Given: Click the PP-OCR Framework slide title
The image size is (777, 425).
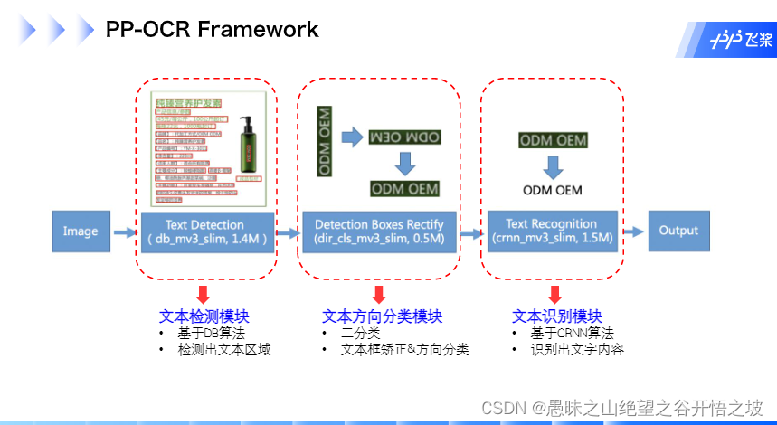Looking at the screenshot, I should point(212,30).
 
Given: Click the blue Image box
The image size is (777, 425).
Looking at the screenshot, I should point(81,231).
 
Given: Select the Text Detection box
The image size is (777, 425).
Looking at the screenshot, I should point(206,231).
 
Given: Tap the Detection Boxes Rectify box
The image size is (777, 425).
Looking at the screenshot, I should point(379,231).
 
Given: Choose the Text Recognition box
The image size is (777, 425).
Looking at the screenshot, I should point(551,231).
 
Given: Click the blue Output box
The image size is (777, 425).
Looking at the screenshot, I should point(678,231).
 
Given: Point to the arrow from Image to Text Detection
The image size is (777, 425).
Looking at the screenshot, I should point(125,232).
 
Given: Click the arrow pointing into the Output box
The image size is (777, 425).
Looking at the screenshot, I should point(633,231).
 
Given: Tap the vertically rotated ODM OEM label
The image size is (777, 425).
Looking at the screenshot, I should point(325,141).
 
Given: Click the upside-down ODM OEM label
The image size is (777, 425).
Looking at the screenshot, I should point(404,137).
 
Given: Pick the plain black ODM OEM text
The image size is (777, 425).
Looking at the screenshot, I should point(552,190).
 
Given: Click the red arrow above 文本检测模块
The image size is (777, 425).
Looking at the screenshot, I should point(204,294).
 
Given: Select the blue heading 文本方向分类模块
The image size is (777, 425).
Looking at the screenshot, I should point(382,316).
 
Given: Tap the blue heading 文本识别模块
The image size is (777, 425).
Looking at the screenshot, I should point(556,316).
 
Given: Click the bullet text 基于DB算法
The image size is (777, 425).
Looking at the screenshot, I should point(212,333).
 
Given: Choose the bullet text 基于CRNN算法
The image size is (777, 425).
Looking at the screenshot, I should point(573,333).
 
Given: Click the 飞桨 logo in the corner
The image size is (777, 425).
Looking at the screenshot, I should point(740,40).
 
